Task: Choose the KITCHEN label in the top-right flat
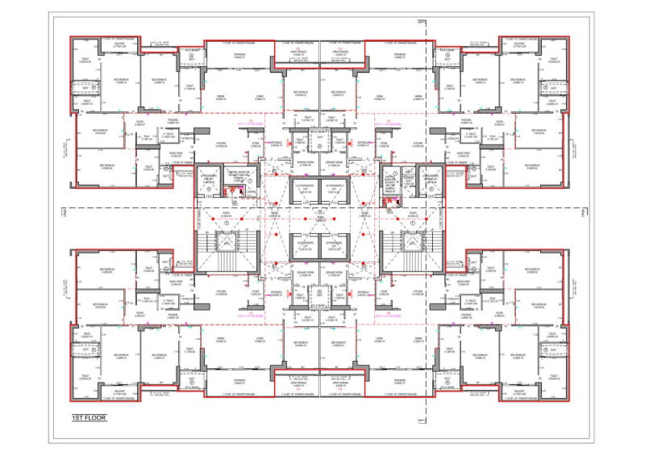tap(418, 144)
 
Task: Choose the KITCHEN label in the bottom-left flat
tap(223, 292)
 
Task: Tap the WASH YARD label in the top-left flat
tap(181, 153)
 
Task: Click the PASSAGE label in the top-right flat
tap(466, 120)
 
